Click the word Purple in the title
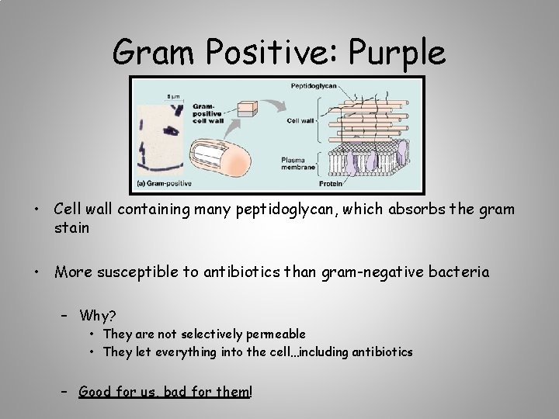click(398, 54)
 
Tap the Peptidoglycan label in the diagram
click(314, 86)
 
